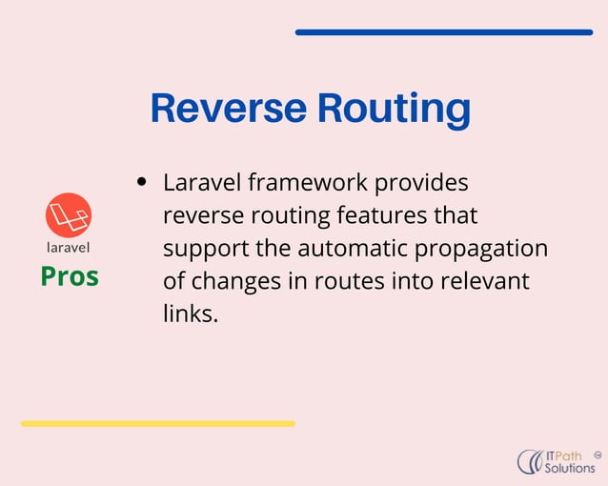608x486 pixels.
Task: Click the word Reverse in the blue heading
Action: (x=228, y=109)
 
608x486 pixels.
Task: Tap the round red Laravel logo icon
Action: (x=69, y=214)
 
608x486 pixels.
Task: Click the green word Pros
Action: (x=69, y=276)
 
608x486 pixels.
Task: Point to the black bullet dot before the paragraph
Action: (x=142, y=181)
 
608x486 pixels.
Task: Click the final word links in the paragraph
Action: (x=191, y=314)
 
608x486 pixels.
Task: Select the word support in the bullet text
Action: (x=200, y=249)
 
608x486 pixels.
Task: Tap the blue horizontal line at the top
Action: (x=443, y=32)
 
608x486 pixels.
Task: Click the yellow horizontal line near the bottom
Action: (x=157, y=423)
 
